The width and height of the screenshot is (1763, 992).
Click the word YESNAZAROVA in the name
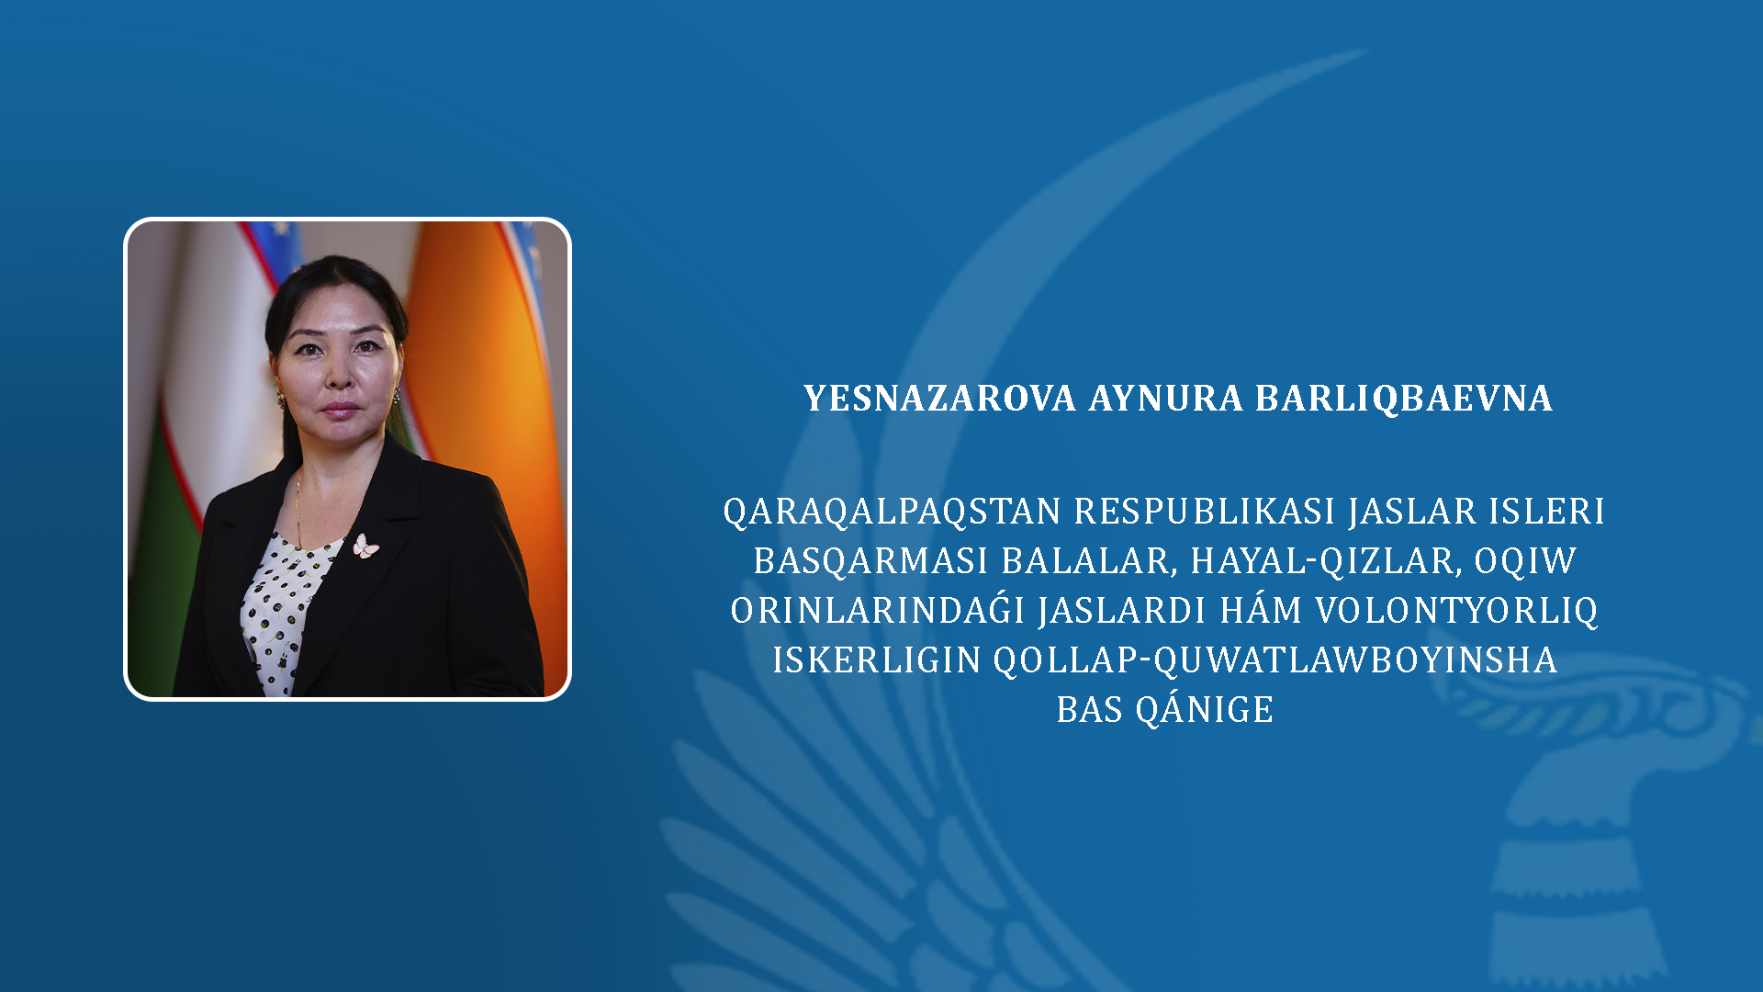coord(939,399)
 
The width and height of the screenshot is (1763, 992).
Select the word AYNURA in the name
coord(1166,399)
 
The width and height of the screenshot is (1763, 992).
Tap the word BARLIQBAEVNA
coord(1404,399)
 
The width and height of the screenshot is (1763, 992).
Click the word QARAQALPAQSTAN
coord(893,512)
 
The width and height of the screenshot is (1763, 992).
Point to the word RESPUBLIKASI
coord(1205,511)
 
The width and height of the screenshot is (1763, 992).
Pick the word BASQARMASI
coord(870,561)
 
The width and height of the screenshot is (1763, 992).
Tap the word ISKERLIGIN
coord(877,660)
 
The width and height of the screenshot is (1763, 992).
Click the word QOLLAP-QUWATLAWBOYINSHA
coord(1275,660)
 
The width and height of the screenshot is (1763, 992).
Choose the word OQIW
coord(1526,561)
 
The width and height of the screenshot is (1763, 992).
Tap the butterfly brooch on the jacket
coord(365,547)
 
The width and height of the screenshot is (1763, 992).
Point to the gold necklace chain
coord(298,510)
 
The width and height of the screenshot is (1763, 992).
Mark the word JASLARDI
coord(1124,611)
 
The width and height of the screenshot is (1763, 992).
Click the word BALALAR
coord(1089,561)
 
